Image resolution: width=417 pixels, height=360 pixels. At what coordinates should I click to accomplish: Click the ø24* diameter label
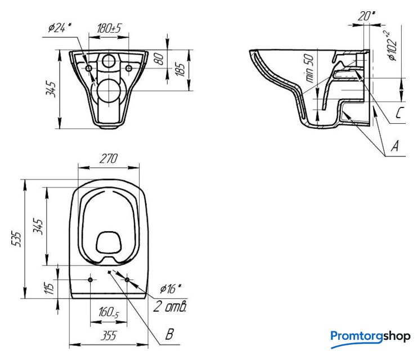[x=61, y=28]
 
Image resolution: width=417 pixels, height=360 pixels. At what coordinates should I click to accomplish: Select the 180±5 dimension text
[x=110, y=28]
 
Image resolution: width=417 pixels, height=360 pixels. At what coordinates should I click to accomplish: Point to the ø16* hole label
[x=170, y=289]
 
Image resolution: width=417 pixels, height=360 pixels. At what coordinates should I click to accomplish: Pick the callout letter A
[x=394, y=147]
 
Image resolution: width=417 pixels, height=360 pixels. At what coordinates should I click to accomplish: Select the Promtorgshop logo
[x=370, y=337]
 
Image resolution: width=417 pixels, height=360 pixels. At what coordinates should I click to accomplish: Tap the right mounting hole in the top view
[x=127, y=280]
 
